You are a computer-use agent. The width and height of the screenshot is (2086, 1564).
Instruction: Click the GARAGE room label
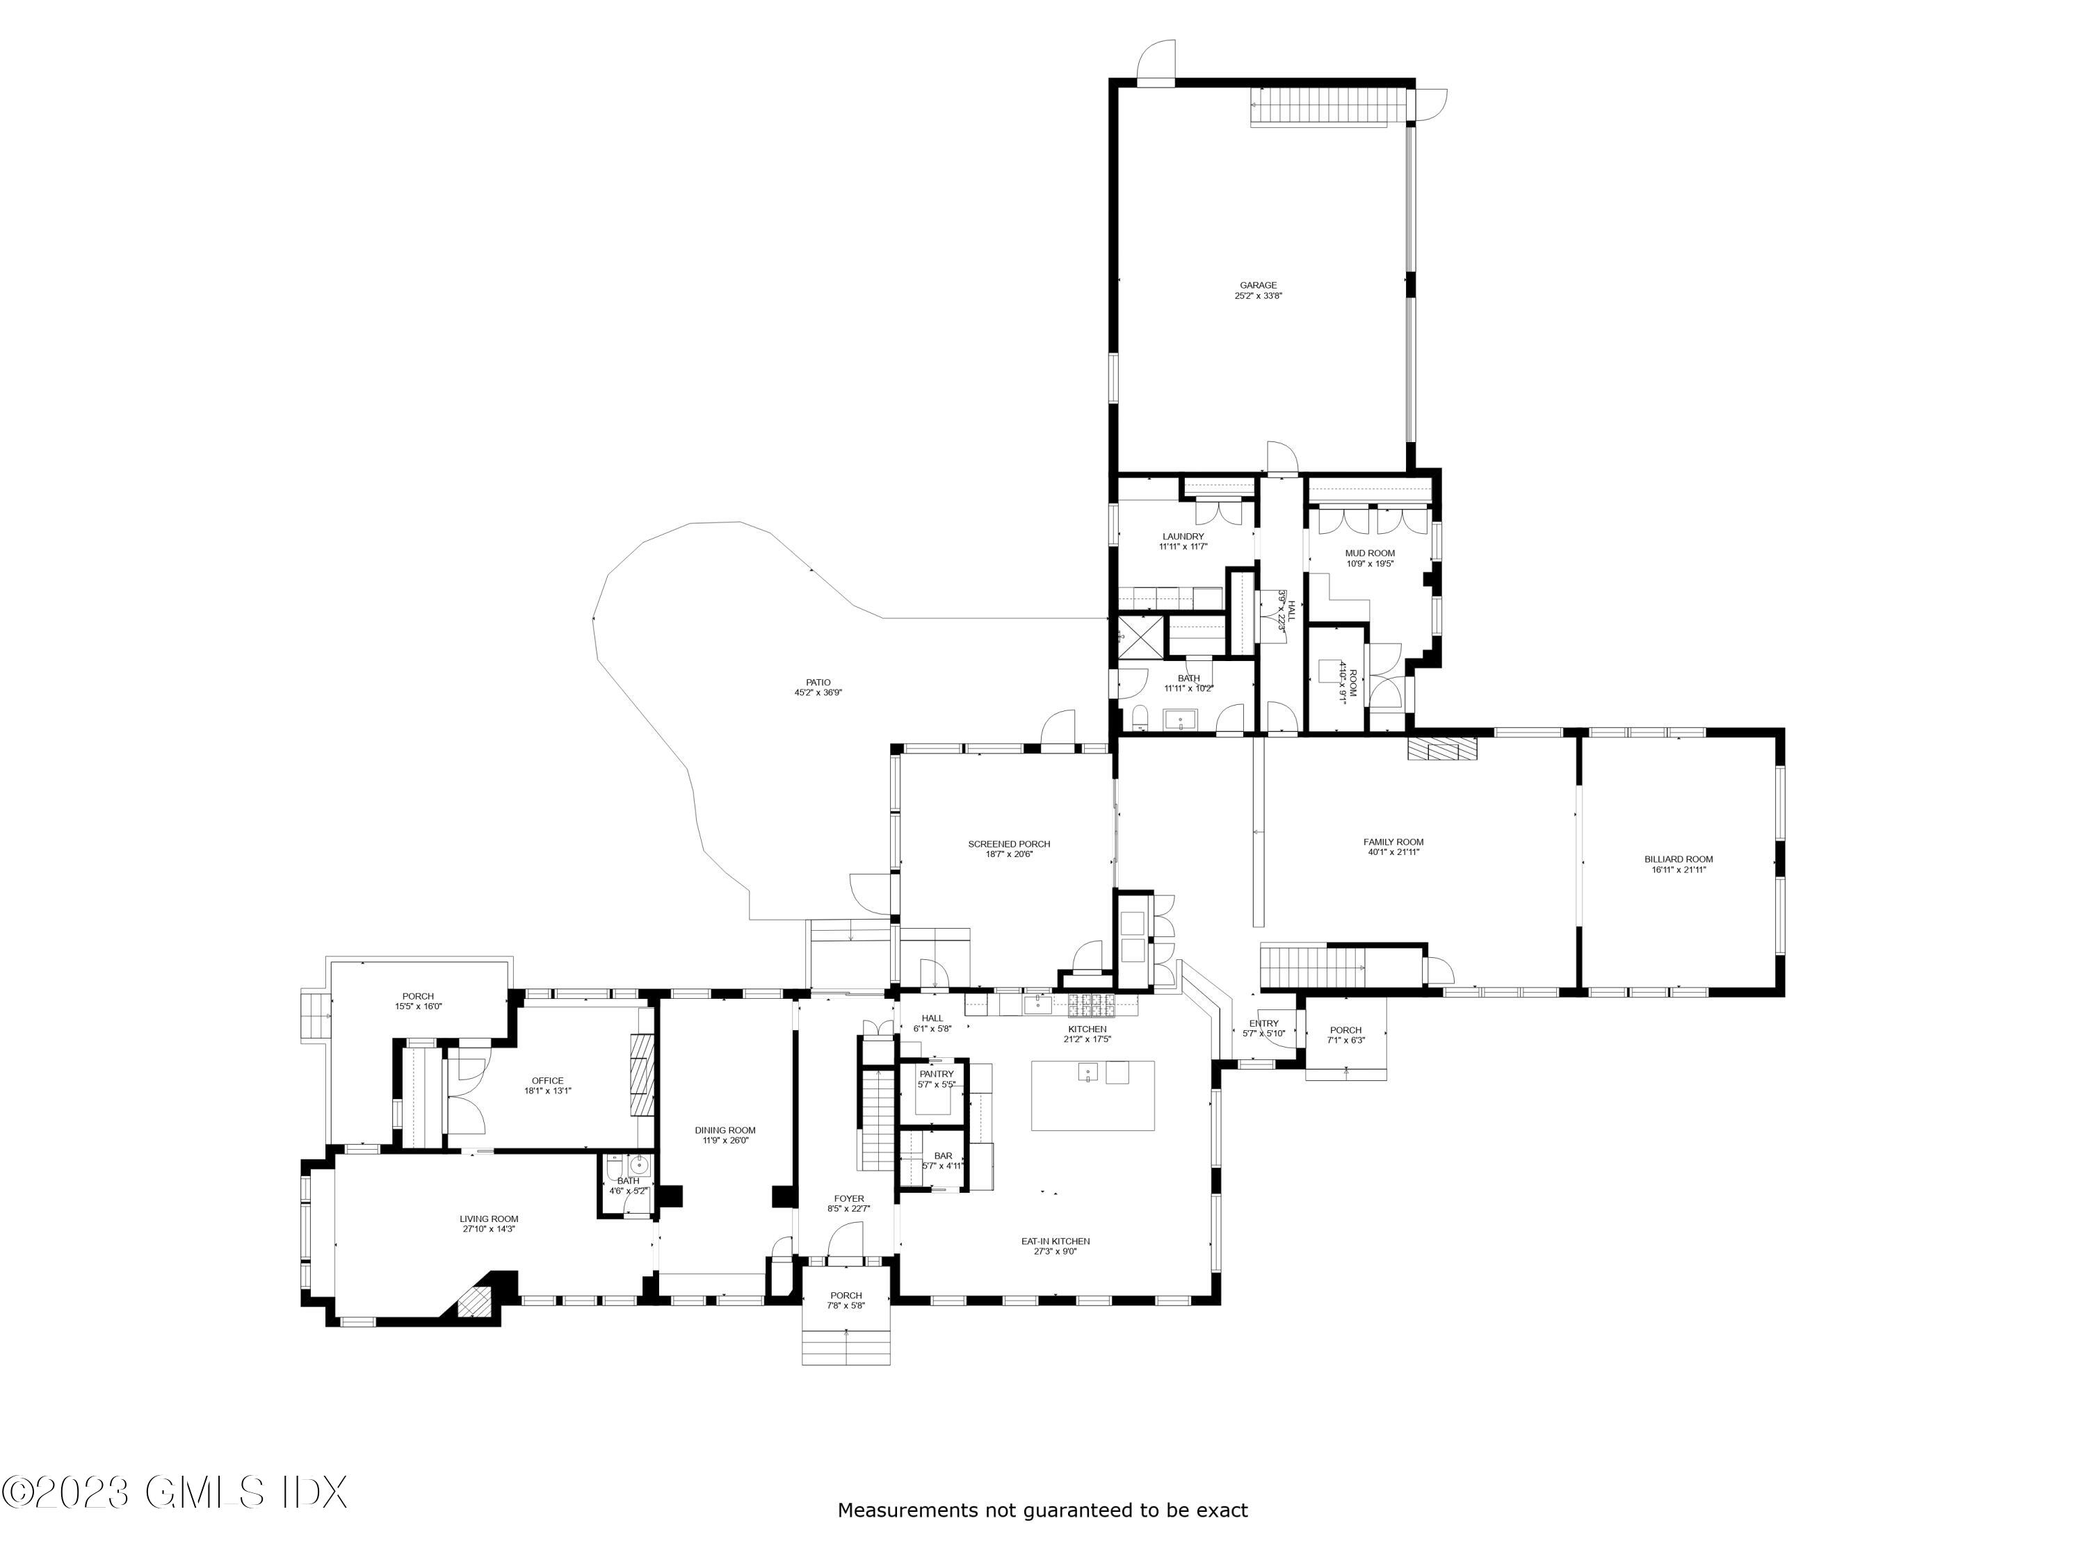click(x=1258, y=285)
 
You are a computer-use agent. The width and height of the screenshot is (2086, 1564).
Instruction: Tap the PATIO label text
click(x=818, y=683)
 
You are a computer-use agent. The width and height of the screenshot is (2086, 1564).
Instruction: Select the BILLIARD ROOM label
click(x=1679, y=859)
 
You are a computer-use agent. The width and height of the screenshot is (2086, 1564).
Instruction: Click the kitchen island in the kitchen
click(x=1092, y=1095)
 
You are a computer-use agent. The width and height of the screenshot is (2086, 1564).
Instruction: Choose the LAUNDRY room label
click(x=1183, y=537)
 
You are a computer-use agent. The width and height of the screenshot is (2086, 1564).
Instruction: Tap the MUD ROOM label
click(x=1369, y=553)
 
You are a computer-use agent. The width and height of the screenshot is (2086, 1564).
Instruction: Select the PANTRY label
click(x=937, y=1074)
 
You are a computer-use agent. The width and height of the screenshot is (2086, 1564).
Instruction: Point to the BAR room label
click(x=943, y=1156)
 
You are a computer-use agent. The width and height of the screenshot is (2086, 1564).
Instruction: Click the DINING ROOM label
click(x=725, y=1130)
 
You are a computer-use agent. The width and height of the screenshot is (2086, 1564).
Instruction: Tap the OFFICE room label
click(x=547, y=1082)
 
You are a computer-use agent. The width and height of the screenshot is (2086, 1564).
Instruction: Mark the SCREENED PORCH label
click(x=1009, y=844)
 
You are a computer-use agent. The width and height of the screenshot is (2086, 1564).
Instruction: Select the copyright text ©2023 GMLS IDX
click(x=175, y=1492)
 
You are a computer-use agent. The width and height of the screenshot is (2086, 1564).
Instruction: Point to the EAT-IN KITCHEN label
click(x=1056, y=1241)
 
